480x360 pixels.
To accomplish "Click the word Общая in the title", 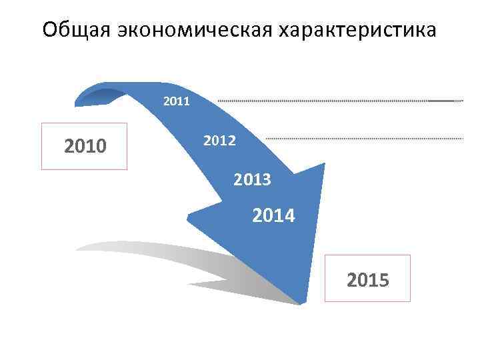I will pyautogui.click(x=77, y=31).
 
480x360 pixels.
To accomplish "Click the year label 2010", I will pyautogui.click(x=85, y=146).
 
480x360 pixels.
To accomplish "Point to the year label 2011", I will pyautogui.click(x=177, y=102).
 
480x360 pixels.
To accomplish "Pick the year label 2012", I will pyautogui.click(x=219, y=141).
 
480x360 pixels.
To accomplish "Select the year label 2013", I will pyautogui.click(x=252, y=179).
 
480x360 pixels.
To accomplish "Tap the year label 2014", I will pyautogui.click(x=274, y=216).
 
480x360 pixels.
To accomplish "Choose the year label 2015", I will pyautogui.click(x=368, y=279).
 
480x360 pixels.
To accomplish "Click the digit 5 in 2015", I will pyautogui.click(x=384, y=279).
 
